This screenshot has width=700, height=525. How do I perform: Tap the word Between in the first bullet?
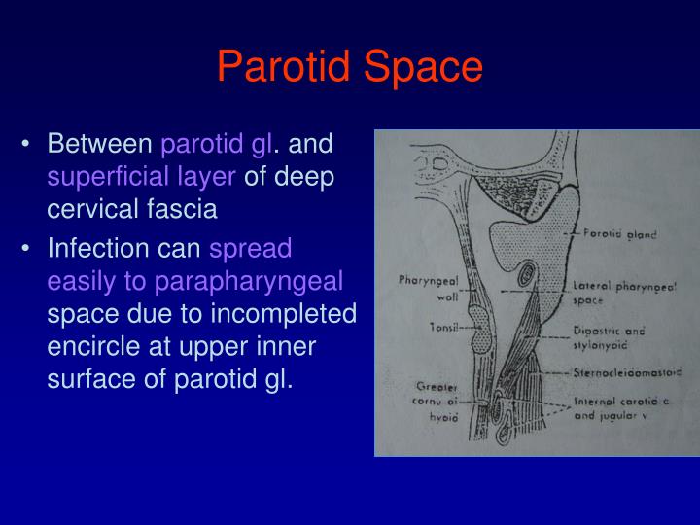pos(100,145)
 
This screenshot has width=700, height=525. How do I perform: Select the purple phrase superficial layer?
pos(141,176)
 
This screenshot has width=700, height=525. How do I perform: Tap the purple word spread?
pos(251,249)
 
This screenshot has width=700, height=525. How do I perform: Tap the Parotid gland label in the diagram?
pos(615,234)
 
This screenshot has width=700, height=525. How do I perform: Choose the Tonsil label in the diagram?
pos(431,328)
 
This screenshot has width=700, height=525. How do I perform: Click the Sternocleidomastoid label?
pos(627,370)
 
